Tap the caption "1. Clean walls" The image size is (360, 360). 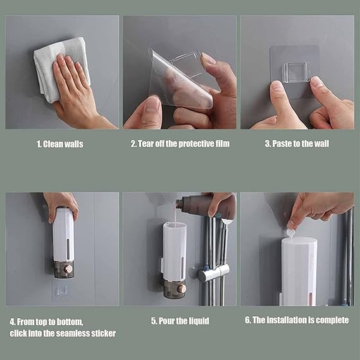coord(60,144)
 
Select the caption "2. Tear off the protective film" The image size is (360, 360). coord(180,144)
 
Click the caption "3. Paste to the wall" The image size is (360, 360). coord(297,144)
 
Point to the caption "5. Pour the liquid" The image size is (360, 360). coord(180,321)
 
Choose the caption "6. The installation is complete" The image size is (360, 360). coord(297,320)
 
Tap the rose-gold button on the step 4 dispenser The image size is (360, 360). coord(69,269)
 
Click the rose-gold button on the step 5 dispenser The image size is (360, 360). coord(181,289)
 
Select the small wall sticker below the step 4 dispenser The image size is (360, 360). coord(61,290)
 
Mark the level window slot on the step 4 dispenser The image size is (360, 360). coord(68,248)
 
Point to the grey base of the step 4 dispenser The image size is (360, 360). coord(64,269)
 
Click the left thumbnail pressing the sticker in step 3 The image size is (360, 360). coord(277,86)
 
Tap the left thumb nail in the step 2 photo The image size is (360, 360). coord(152,106)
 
